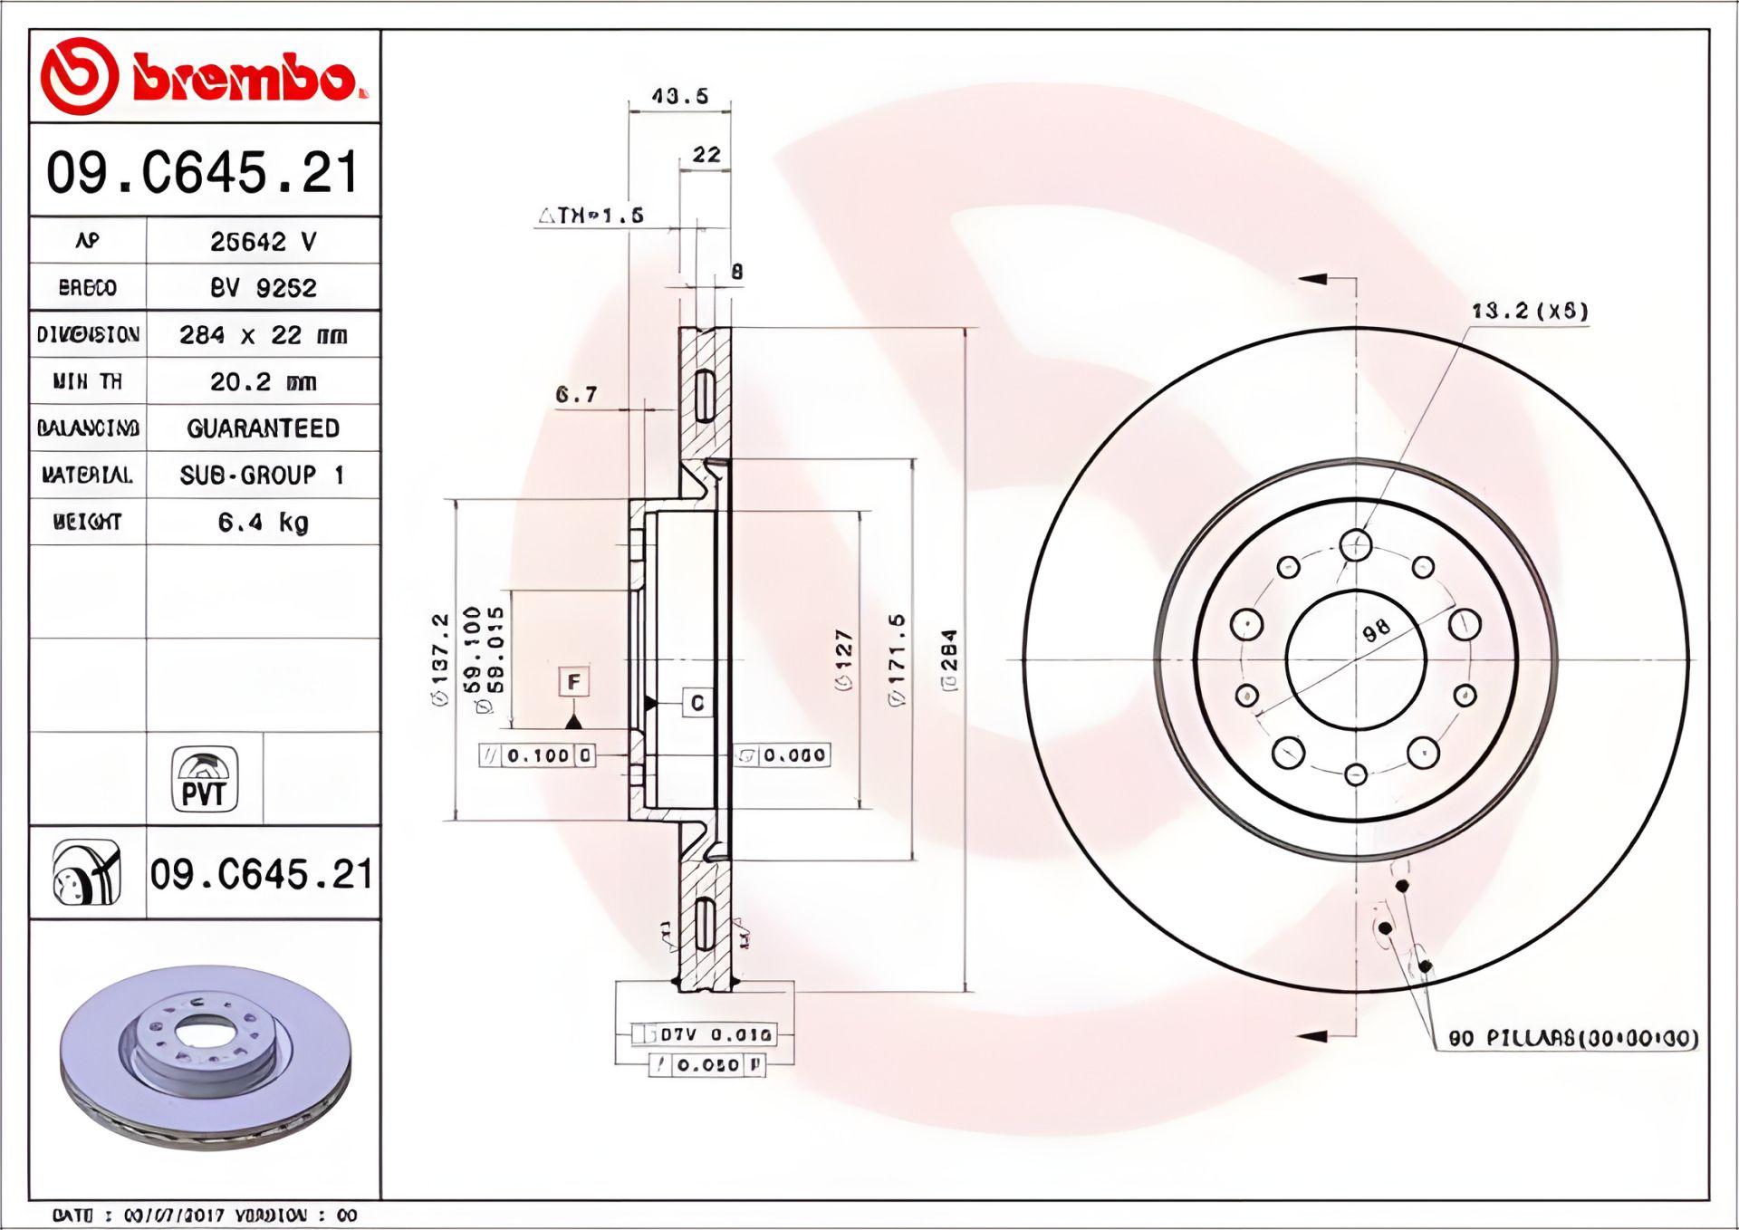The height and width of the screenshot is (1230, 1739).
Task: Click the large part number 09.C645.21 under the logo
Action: [x=204, y=172]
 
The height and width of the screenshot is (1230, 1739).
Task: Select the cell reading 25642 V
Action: [x=263, y=242]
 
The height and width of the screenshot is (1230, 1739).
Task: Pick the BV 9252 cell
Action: [x=263, y=288]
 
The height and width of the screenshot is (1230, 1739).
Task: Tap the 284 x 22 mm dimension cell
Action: [x=263, y=335]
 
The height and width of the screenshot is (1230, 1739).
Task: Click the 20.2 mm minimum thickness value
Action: [x=263, y=382]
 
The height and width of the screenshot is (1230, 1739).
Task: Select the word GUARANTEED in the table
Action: [x=263, y=428]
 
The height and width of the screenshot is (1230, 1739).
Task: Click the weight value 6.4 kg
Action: [x=263, y=523]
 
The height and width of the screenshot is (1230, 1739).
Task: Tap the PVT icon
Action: [x=205, y=779]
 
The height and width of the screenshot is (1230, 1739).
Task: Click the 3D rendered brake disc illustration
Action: [x=205, y=1055]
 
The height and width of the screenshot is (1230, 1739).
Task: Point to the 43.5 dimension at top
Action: [x=679, y=96]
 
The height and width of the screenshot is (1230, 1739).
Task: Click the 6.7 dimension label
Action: [x=576, y=395]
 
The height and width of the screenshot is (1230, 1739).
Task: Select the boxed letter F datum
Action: [x=573, y=682]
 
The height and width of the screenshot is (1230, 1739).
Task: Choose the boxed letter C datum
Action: [x=697, y=703]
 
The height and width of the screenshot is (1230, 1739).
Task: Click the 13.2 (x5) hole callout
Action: [x=1529, y=312]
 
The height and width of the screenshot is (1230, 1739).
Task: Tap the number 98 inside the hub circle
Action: [x=1376, y=630]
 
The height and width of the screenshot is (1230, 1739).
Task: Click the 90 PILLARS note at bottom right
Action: [x=1572, y=1039]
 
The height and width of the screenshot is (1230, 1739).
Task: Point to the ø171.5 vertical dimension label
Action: [x=897, y=659]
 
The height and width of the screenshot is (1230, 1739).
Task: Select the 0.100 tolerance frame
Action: [x=537, y=755]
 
